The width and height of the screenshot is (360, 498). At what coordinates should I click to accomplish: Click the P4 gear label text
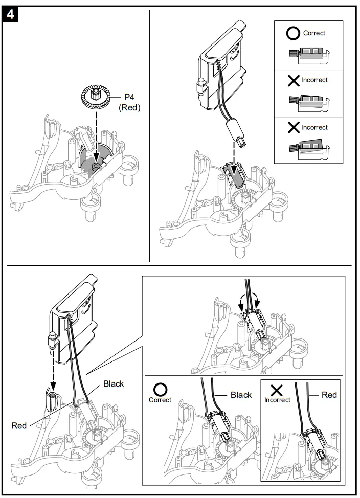[x=129, y=97]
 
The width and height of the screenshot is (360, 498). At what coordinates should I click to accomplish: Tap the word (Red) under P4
[x=129, y=108]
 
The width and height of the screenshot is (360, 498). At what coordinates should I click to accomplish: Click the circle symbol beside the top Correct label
[x=294, y=33]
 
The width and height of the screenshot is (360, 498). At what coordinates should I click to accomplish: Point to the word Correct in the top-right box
[x=314, y=33]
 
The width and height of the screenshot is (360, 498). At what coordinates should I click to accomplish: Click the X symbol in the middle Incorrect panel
[x=294, y=81]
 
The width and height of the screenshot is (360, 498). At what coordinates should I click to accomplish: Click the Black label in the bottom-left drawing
[x=114, y=383]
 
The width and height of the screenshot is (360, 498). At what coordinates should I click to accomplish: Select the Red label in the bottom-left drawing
[x=19, y=425]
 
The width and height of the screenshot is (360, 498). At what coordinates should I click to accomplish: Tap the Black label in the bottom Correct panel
[x=241, y=395]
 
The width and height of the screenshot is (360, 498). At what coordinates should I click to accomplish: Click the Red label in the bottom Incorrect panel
[x=329, y=395]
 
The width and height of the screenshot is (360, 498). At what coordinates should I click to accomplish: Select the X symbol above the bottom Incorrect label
[x=277, y=390]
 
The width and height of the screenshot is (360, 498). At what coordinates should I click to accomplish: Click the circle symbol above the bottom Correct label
[x=160, y=390]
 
